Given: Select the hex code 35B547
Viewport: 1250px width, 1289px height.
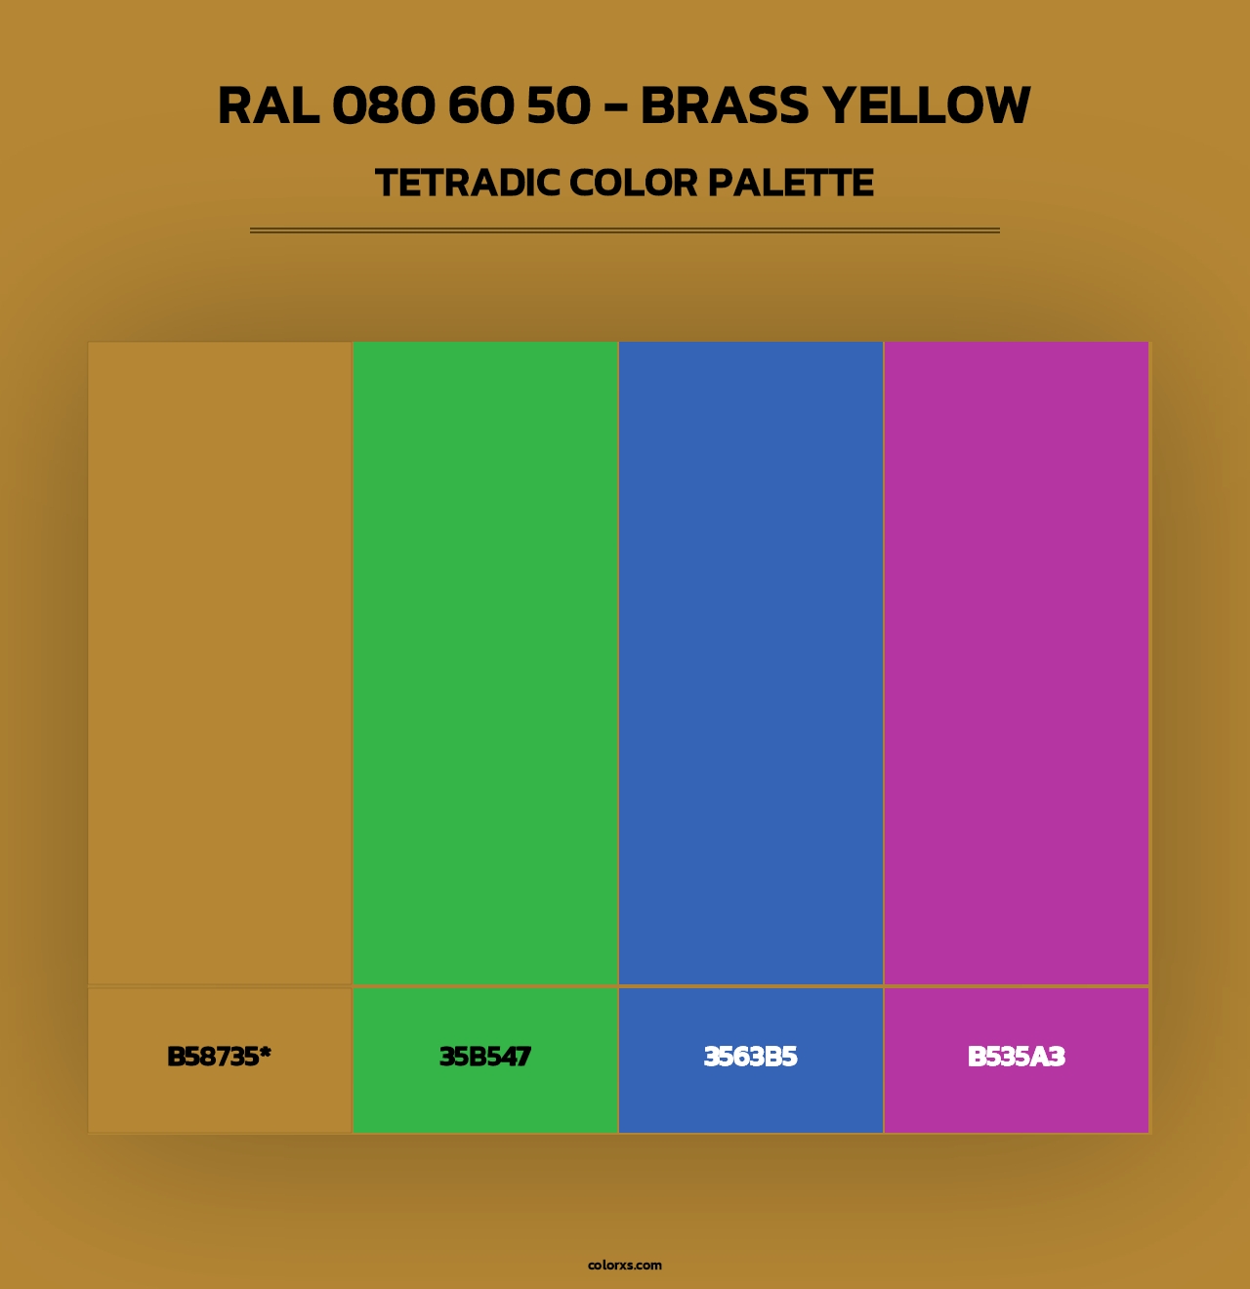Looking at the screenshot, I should coord(485,1057).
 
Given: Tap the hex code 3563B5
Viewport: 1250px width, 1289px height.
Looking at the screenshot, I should coord(750,1057).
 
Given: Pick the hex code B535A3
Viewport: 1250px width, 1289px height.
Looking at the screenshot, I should coord(1016,1057).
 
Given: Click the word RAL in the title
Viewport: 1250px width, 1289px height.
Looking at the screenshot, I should coord(268,105).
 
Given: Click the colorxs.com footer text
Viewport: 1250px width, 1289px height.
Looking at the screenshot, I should coord(625,1265).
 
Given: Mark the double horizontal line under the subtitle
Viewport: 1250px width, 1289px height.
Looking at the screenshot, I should coord(625,230).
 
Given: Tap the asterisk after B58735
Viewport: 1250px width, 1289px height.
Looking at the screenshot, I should coord(265,1052).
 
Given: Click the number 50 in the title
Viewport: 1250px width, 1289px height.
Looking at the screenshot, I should coord(559,105).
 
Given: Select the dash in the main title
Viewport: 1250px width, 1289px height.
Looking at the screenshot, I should coord(615,107).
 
